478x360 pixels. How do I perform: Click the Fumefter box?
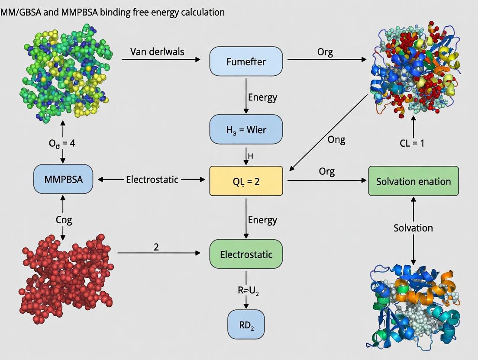pos(246,61)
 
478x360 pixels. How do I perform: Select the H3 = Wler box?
pos(246,129)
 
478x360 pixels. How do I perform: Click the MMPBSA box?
pos(63,179)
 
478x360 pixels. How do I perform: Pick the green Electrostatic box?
pos(246,254)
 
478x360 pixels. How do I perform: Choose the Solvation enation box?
pos(413,181)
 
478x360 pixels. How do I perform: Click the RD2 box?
pos(245,324)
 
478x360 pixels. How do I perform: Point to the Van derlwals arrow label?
pos(157,52)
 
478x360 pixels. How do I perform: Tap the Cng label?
pos(64,219)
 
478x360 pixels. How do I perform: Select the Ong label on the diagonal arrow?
pos(336,139)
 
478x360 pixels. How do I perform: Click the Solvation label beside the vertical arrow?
pos(413,228)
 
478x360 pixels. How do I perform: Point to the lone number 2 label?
pos(156,247)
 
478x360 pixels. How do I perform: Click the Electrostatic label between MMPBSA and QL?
pos(152,179)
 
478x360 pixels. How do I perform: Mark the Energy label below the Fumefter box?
pos(262,97)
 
